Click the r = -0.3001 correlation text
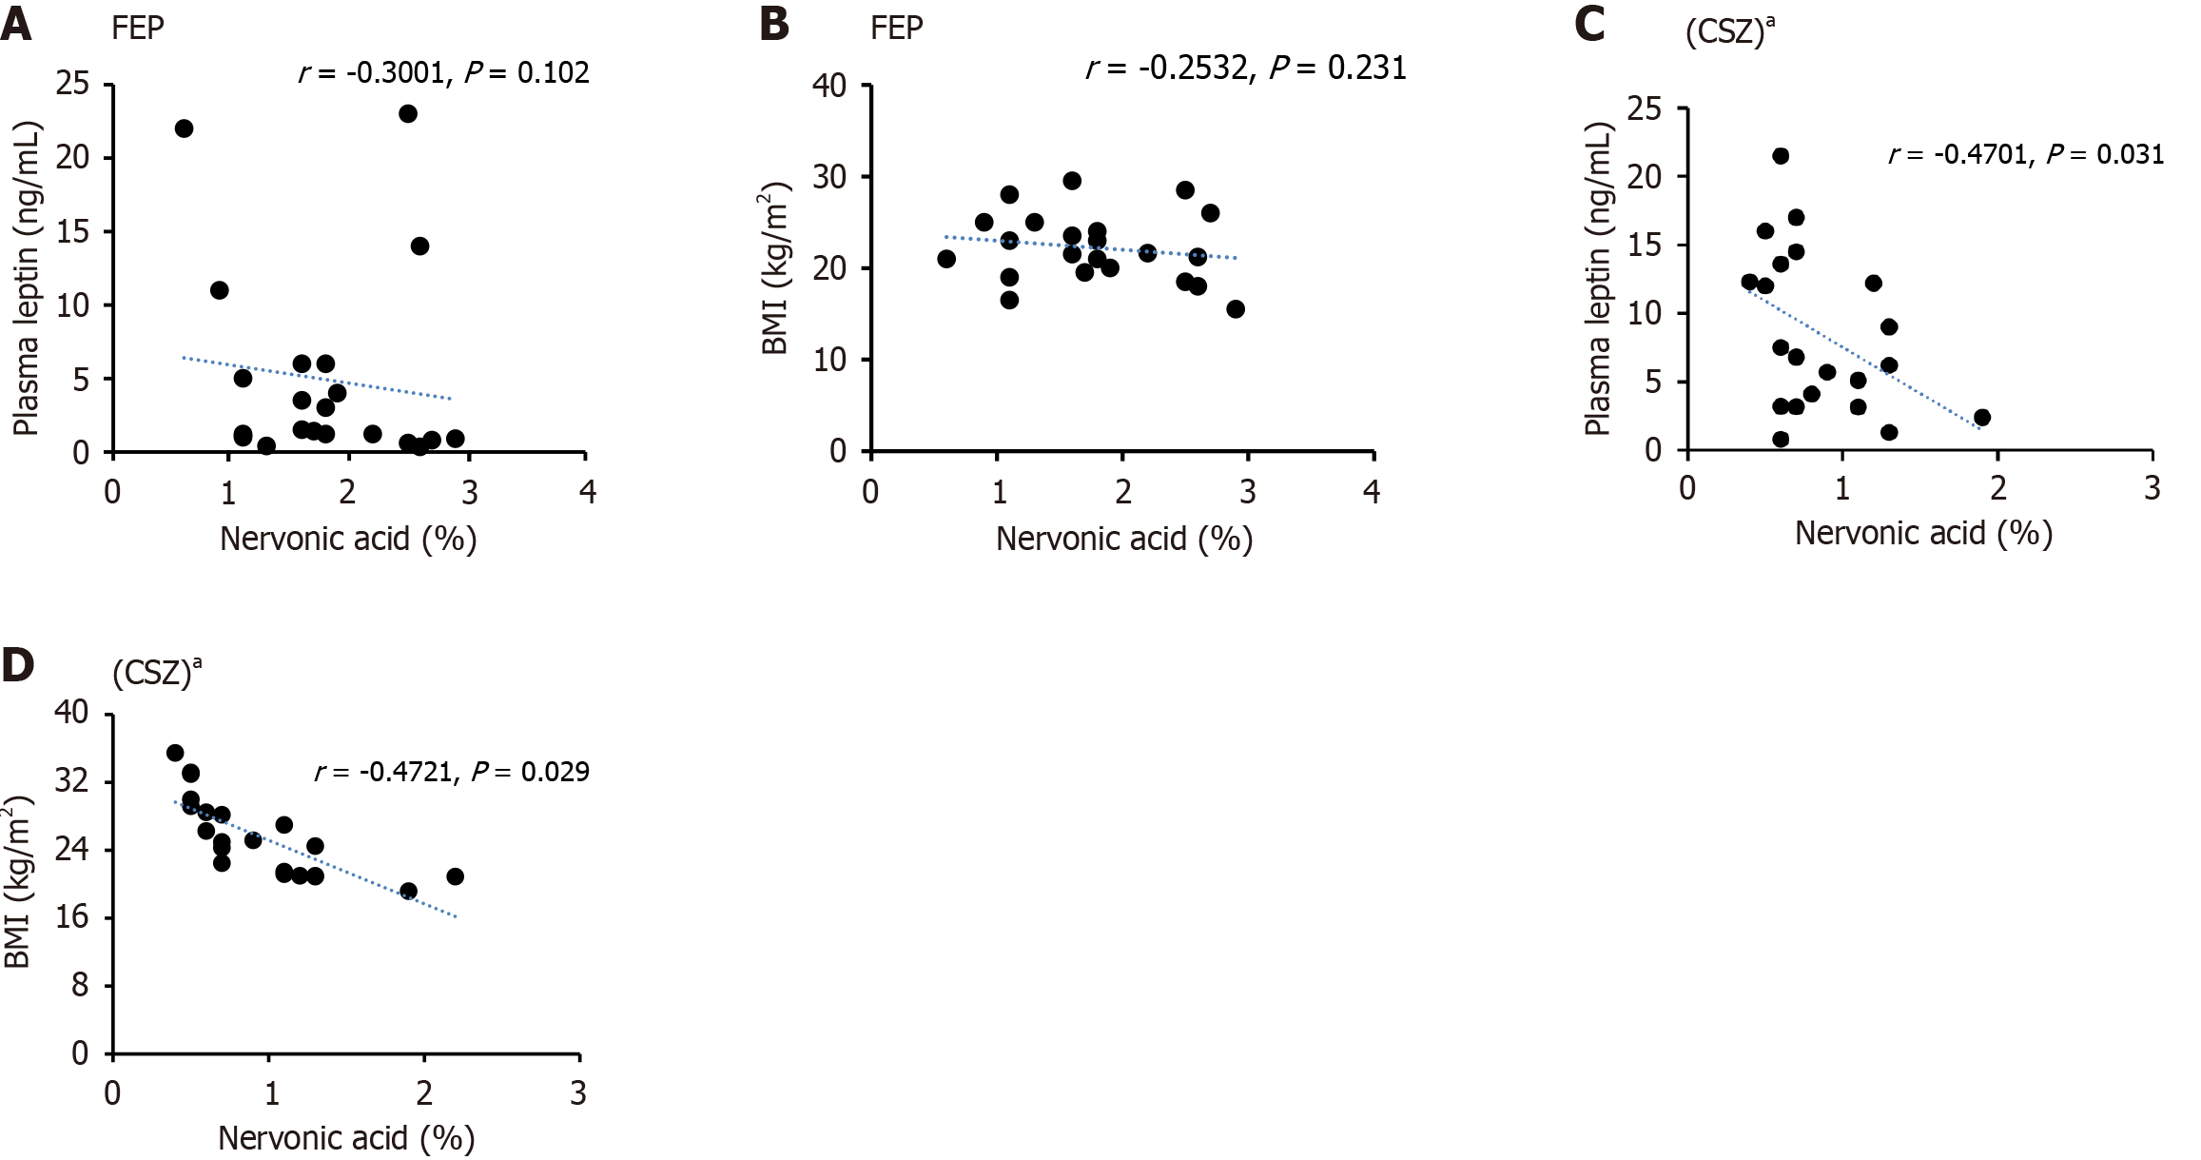coord(371,73)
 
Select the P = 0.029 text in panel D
coord(530,772)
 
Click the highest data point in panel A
coord(408,114)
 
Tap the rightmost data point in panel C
coord(1982,418)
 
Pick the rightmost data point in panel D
coord(456,876)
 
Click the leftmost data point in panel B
coord(946,259)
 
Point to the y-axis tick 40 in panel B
coord(828,86)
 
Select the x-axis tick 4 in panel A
coord(588,492)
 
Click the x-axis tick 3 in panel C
coord(2152,489)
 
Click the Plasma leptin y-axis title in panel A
coord(27,278)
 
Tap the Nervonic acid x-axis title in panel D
coord(346,1138)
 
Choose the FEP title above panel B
coord(896,29)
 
